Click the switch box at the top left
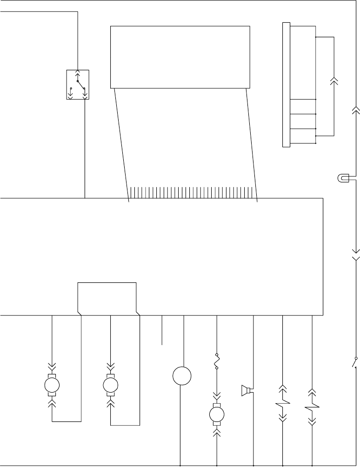pos(78,85)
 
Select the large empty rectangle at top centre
pos(180,57)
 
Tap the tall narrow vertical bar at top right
pos(286,85)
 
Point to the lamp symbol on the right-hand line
pos(342,178)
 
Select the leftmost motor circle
pos(52,385)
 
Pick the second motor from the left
pos(111,385)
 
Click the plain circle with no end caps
pos(182,376)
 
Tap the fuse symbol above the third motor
pos(217,362)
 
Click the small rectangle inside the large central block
pos(107,297)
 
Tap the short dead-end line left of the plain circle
pos(162,330)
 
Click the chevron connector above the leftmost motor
pos(52,366)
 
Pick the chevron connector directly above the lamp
pos(355,110)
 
